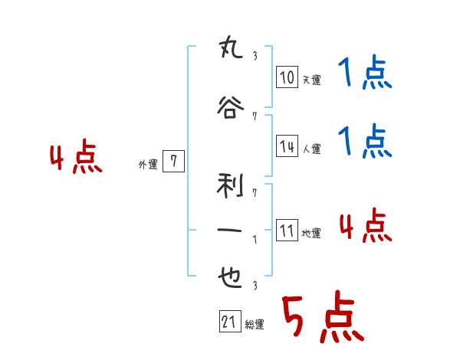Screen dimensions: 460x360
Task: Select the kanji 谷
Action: point(231,108)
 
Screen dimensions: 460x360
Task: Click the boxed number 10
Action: point(287,77)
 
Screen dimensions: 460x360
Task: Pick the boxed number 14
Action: point(287,146)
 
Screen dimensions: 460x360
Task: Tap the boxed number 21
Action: point(229,322)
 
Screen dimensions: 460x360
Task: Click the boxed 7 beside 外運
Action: point(174,162)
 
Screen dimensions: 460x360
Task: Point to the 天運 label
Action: point(311,79)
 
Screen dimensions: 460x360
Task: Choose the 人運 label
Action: point(311,148)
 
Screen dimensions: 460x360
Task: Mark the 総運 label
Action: point(255,324)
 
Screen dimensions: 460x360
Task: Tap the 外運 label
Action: point(148,163)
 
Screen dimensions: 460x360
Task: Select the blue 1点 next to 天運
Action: point(364,75)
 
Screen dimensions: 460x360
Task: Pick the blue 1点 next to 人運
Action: point(364,141)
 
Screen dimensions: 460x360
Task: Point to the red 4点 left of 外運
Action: point(75,159)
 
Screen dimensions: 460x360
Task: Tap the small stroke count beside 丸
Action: point(255,55)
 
